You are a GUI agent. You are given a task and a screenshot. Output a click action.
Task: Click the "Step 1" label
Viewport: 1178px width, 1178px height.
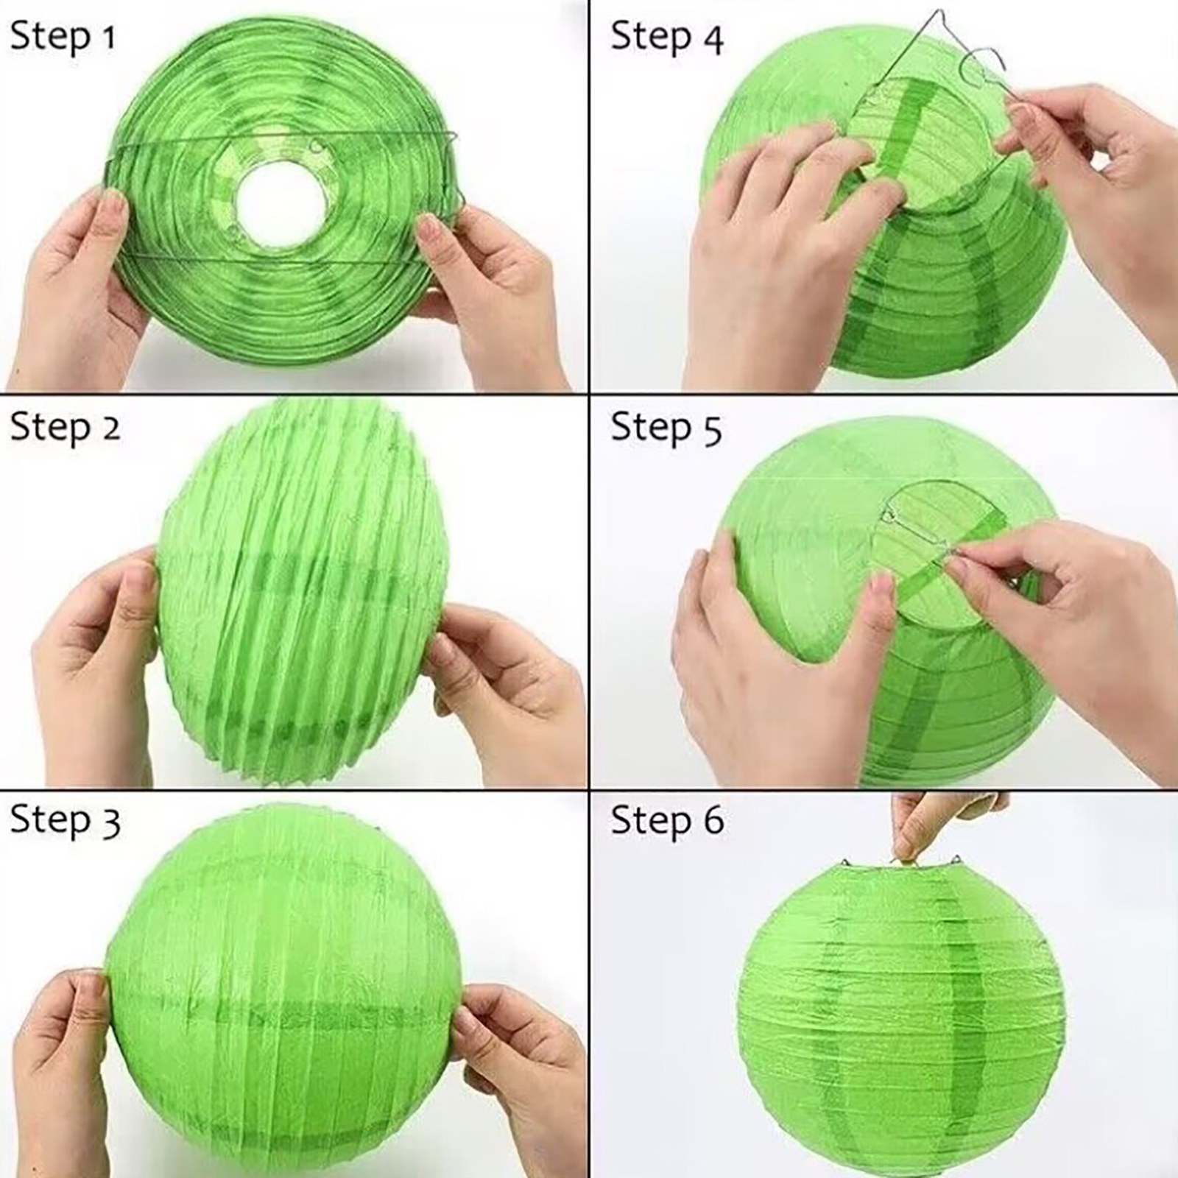tap(63, 36)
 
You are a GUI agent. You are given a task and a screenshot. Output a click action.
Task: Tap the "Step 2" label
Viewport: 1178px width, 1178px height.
tap(65, 427)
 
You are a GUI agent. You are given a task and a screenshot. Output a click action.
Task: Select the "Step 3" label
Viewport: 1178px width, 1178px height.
tap(65, 819)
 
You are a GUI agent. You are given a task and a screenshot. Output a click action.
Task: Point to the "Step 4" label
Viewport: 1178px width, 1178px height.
tap(667, 37)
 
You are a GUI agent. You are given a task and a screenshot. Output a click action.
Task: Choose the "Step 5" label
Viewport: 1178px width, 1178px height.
tap(666, 428)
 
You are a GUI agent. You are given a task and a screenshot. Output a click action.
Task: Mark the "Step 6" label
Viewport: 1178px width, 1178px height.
tap(667, 820)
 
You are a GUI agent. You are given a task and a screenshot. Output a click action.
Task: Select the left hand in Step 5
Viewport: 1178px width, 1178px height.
tap(780, 663)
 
